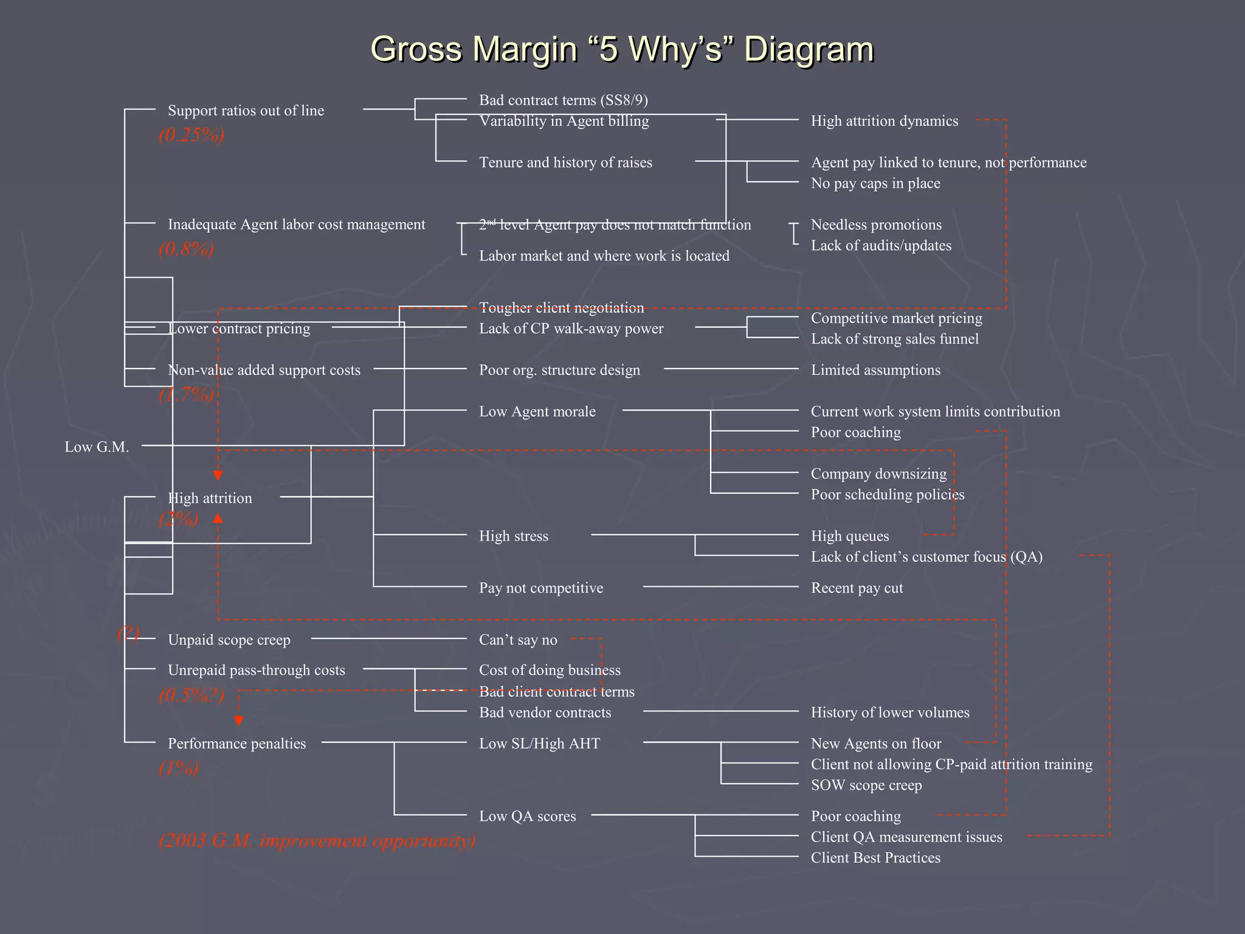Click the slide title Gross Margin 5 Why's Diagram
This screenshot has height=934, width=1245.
pos(622,49)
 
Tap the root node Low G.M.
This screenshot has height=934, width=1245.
pos(97,447)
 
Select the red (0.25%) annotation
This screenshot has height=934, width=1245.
pos(191,135)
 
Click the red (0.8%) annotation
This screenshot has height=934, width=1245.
pos(186,249)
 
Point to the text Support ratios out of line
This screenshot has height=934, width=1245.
pos(246,111)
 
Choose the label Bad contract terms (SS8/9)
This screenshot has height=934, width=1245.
pos(563,100)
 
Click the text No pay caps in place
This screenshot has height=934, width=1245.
pos(875,183)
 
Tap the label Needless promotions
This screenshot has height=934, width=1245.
pos(875,224)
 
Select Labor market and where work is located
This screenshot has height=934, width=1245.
pos(604,255)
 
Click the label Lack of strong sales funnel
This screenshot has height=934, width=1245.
pos(894,339)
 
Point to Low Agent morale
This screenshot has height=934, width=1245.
pos(537,412)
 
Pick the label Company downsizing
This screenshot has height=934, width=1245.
pos(878,474)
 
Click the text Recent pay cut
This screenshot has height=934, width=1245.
pos(857,588)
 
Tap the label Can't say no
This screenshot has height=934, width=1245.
pos(517,640)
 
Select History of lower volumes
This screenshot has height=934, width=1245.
pos(889,712)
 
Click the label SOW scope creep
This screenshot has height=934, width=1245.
pos(866,785)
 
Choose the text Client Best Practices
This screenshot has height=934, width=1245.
pos(875,857)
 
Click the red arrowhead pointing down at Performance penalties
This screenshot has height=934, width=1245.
pos(239,721)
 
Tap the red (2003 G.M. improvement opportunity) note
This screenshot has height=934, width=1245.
pos(317,841)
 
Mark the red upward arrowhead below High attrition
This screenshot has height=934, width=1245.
pos(218,518)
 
